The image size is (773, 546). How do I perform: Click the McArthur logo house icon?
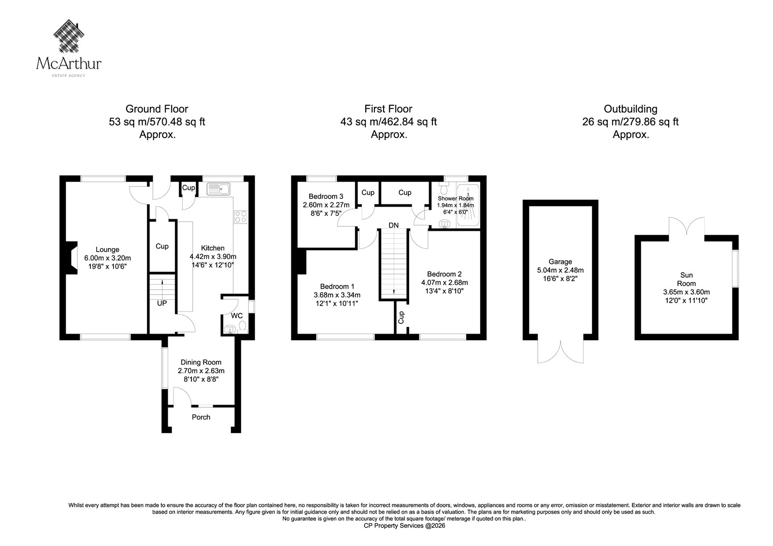click(x=69, y=36)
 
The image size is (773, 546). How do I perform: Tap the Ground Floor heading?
click(x=157, y=109)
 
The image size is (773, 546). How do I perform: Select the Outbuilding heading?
click(x=630, y=109)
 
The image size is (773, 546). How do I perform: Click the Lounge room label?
click(x=107, y=250)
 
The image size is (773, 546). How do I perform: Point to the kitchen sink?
click(x=218, y=189)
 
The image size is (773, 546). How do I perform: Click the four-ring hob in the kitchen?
click(x=241, y=217)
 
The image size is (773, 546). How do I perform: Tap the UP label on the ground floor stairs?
click(x=162, y=303)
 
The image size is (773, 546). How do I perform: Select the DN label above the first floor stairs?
click(x=393, y=225)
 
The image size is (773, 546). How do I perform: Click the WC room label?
click(x=237, y=316)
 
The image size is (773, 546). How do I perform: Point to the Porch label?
click(x=201, y=417)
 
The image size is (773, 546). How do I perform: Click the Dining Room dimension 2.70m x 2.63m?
click(x=201, y=371)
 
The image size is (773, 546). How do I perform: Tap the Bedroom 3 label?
click(x=326, y=196)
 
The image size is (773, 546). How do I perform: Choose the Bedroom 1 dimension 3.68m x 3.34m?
click(x=337, y=295)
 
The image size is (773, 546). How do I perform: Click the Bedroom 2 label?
click(x=444, y=274)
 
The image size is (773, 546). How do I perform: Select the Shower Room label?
click(x=456, y=198)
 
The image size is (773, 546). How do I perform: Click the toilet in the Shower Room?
click(x=444, y=189)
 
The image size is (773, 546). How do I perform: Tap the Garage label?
click(x=560, y=262)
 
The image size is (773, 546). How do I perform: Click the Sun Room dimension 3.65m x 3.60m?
click(x=687, y=292)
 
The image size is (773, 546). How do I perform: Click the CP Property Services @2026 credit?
click(x=404, y=526)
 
